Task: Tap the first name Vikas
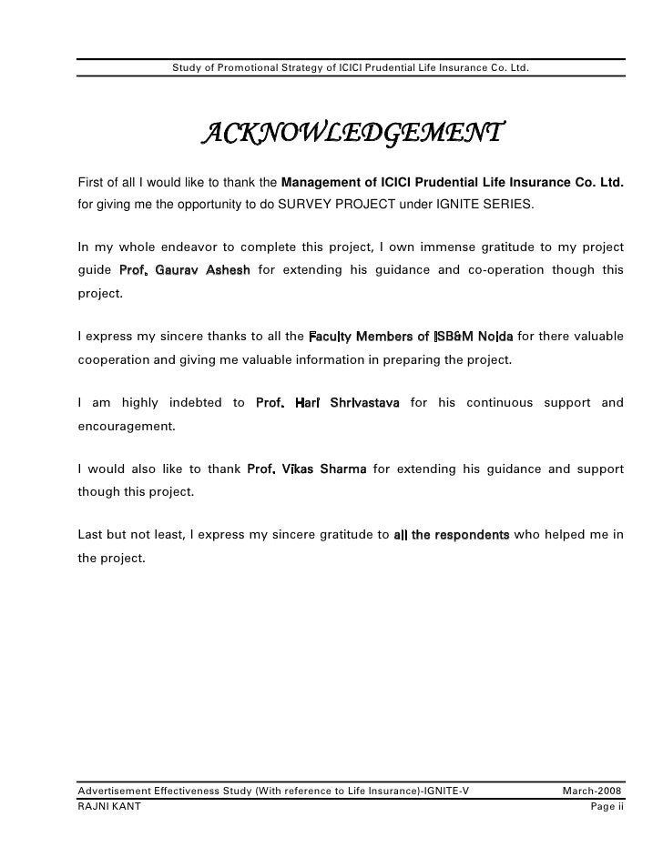pyautogui.click(x=299, y=469)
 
